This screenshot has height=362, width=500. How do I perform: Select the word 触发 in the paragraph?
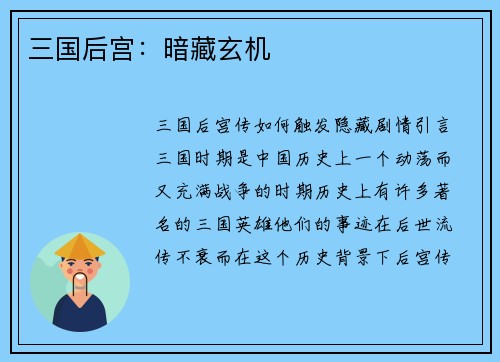[292, 127]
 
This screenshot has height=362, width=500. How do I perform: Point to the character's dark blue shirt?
[80, 317]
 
